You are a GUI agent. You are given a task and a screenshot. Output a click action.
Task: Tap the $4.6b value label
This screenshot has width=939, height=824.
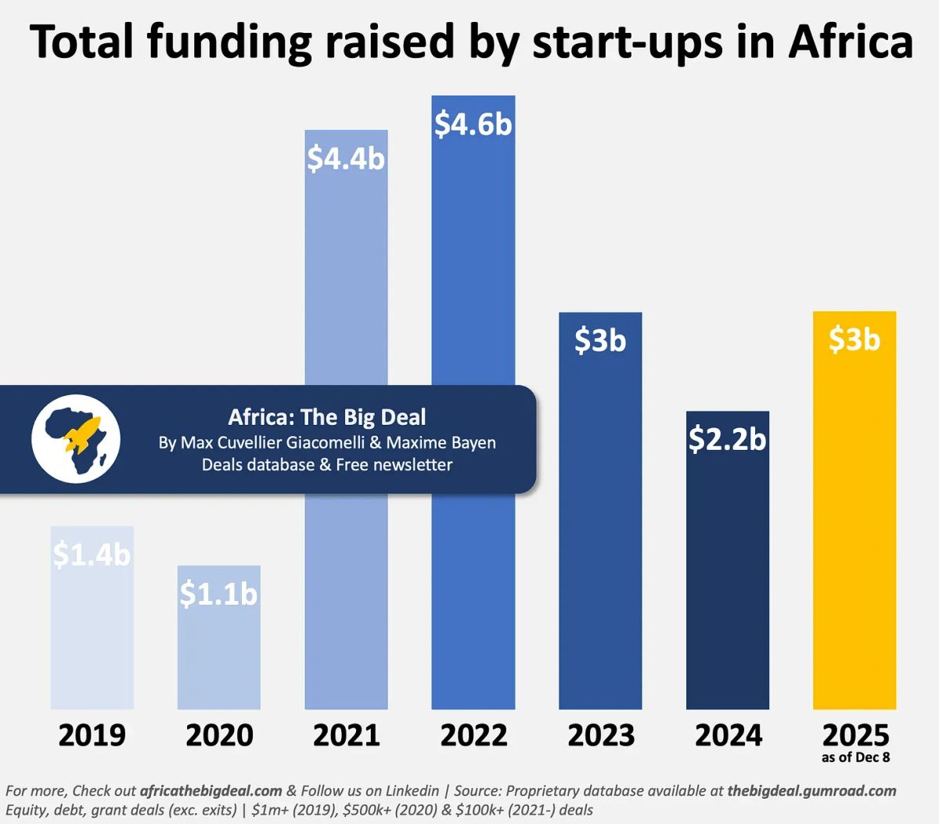coord(473,124)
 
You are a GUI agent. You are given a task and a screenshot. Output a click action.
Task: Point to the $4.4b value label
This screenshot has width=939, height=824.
coord(346,159)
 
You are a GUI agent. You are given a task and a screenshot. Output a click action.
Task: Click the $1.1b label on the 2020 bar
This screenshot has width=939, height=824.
coord(218,594)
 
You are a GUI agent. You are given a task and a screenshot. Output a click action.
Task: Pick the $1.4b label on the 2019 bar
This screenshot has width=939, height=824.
coord(92,555)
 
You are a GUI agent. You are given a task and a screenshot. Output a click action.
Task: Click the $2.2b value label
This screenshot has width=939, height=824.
coord(728,439)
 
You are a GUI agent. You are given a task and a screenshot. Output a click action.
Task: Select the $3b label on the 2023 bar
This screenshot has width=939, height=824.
coord(600,340)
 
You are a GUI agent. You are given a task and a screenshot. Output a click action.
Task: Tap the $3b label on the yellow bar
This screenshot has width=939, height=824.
coord(854,340)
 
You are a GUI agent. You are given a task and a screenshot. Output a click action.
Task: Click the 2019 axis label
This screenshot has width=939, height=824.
coord(92,736)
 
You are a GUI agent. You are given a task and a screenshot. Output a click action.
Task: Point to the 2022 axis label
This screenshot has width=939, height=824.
coord(473,736)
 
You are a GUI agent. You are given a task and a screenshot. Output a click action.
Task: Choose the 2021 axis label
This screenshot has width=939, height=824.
coord(346,736)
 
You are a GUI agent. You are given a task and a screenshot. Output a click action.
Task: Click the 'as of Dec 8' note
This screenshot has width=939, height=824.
coord(855,757)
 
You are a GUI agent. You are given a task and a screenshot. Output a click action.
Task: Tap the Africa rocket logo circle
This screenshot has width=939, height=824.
coord(76,438)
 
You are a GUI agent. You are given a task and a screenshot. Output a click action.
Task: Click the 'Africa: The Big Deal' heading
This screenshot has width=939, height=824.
coord(327,417)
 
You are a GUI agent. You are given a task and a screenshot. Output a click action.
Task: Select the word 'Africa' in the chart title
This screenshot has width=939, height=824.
coord(851,41)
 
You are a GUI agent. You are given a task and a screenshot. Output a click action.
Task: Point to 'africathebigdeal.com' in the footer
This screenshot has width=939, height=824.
coord(210,791)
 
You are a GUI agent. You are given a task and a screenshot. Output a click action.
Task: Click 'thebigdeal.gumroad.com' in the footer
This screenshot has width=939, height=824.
coord(811,791)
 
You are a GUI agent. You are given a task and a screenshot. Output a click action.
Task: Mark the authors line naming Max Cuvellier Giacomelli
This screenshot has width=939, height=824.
coord(327,443)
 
